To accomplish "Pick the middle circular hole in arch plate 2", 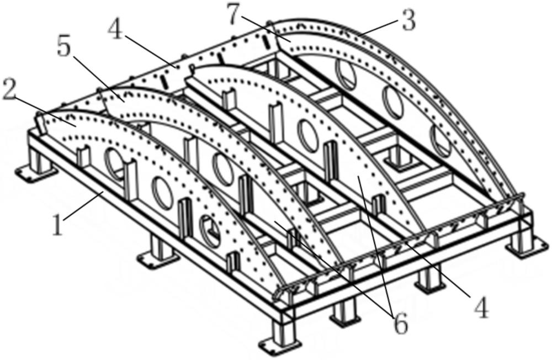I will [x=162, y=191].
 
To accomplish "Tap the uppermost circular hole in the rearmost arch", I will [x=346, y=75].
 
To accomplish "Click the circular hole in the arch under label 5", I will [x=224, y=170].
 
